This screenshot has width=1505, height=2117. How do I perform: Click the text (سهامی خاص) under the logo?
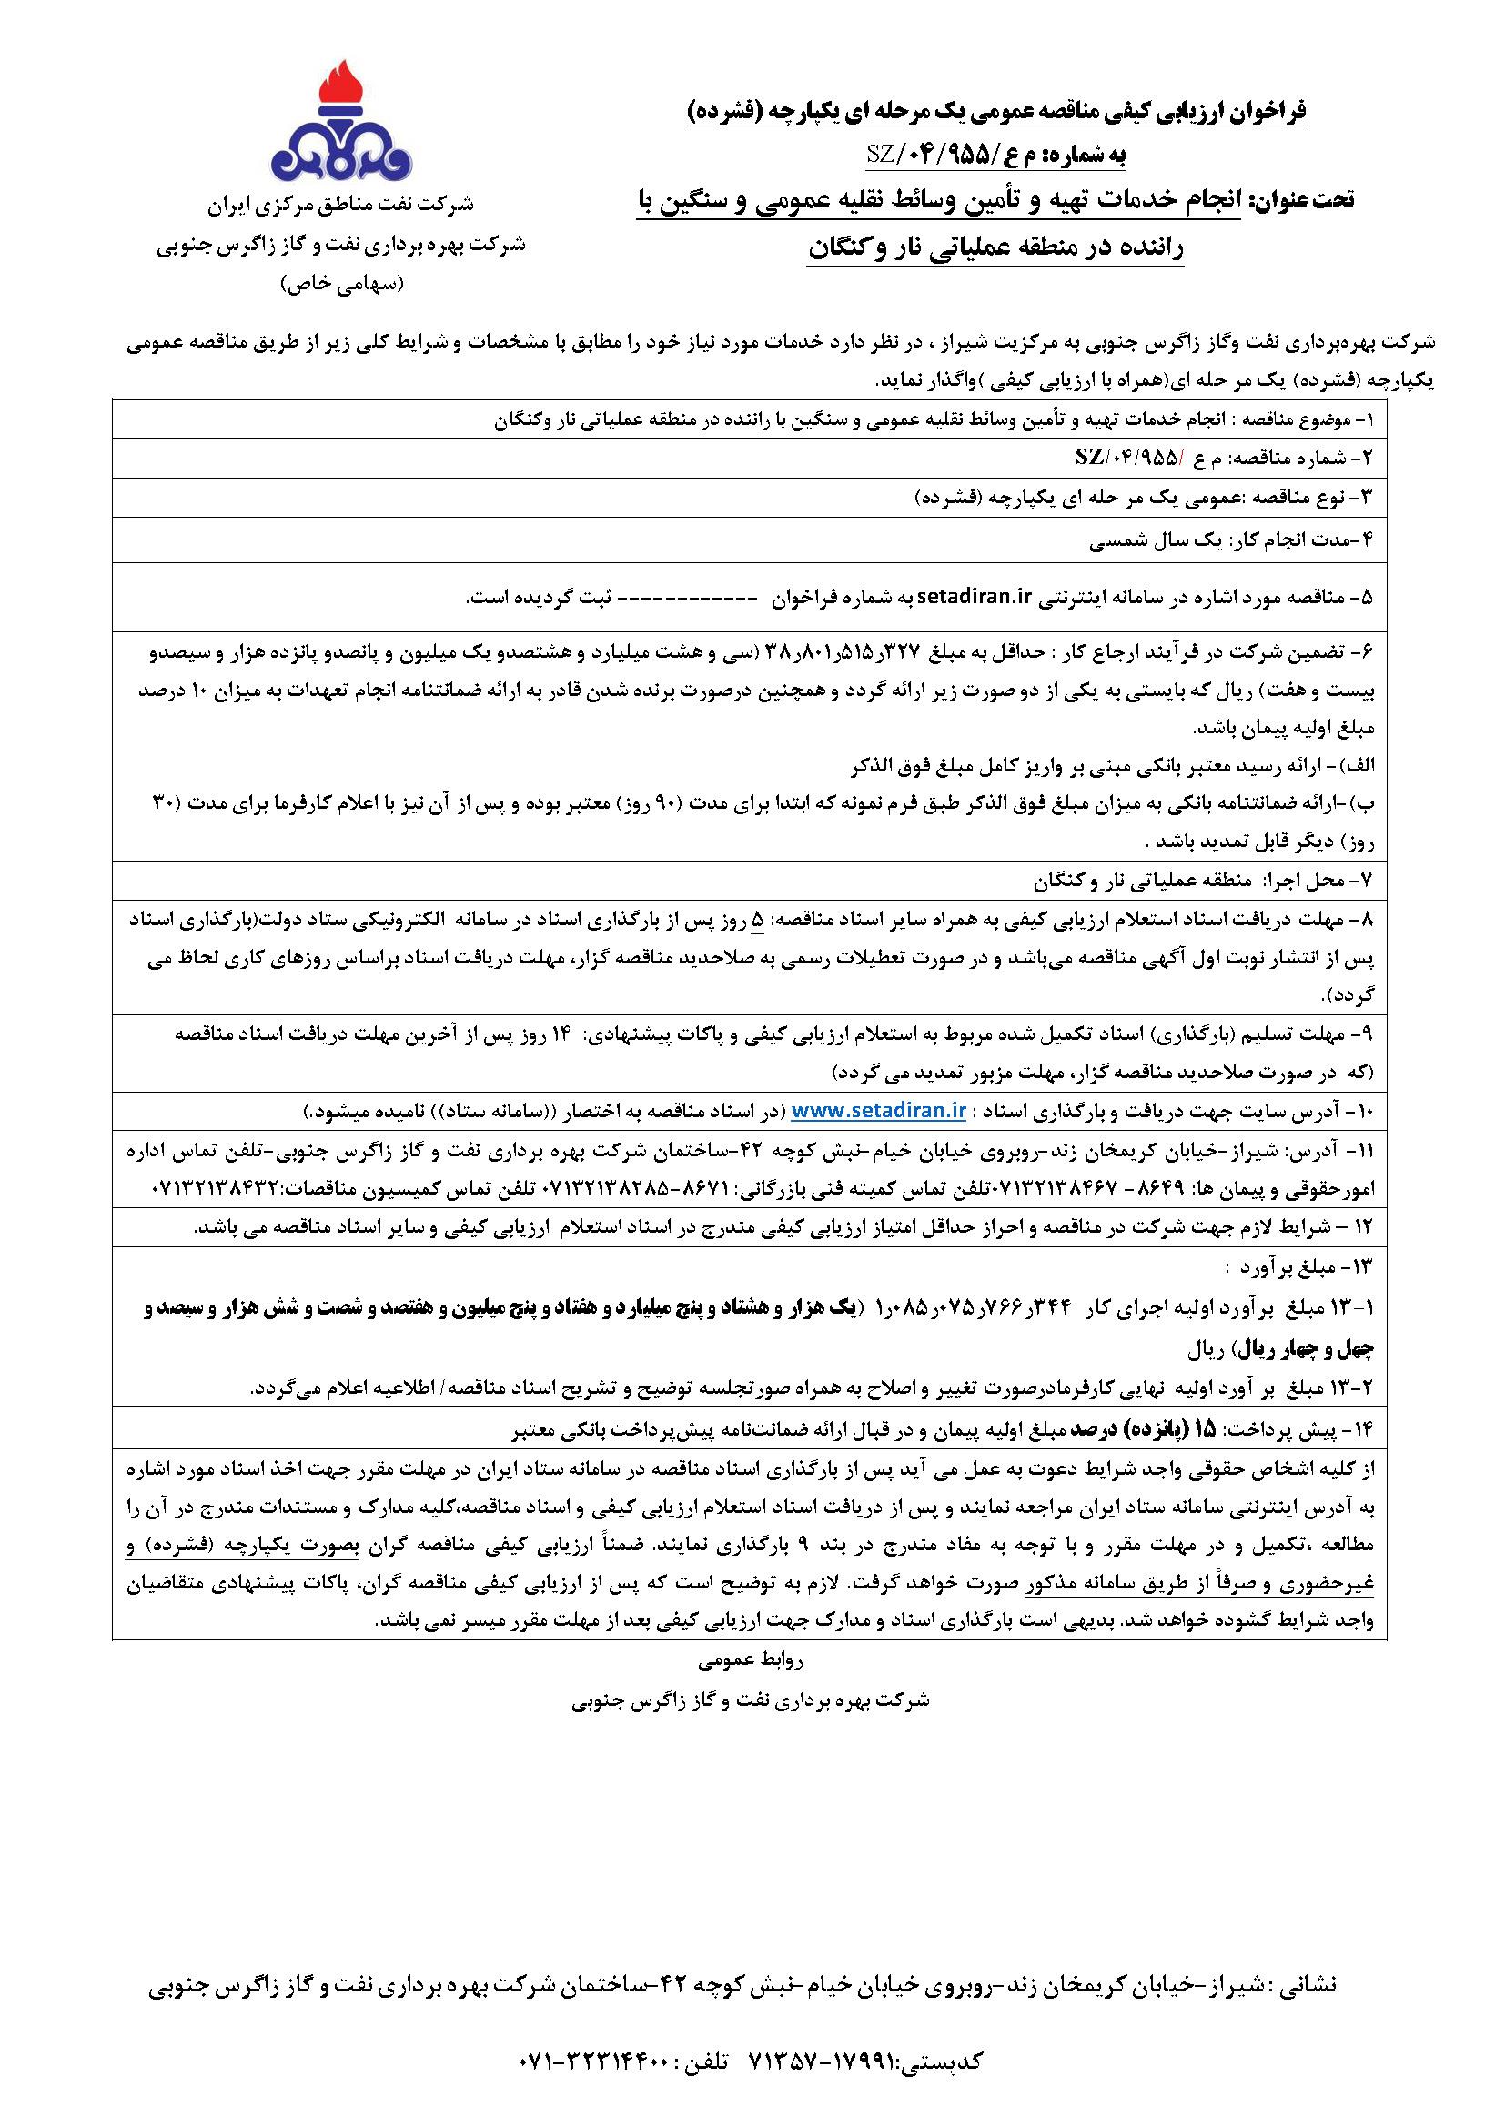click(343, 285)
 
